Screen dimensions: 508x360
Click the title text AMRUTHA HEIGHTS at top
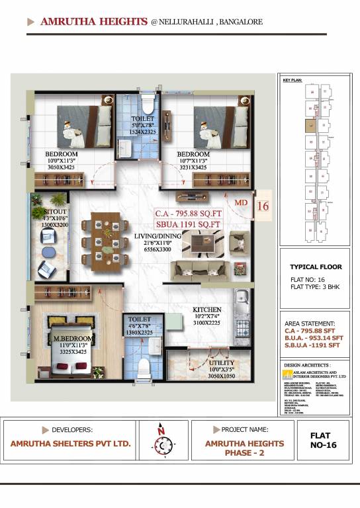(x=93, y=21)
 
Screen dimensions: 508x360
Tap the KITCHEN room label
(x=206, y=310)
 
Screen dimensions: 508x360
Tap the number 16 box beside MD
(x=263, y=205)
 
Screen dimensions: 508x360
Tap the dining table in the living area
(x=101, y=241)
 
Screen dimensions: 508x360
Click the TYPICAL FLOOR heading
(x=314, y=267)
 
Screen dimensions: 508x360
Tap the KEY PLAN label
(x=292, y=80)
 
